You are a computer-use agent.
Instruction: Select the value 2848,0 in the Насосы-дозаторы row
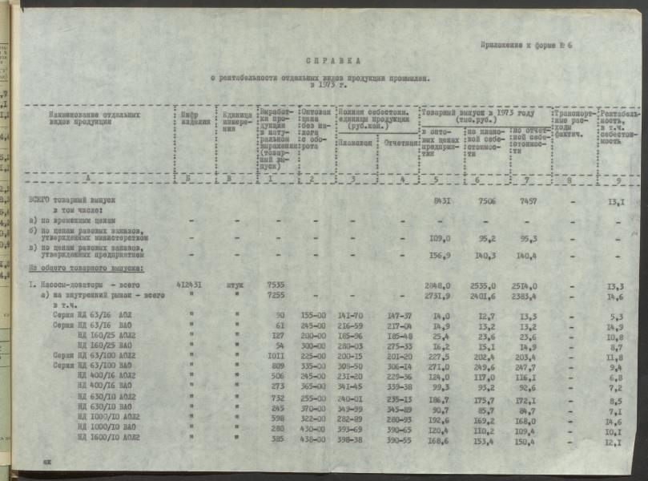click(441, 284)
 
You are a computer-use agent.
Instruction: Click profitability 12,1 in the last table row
click(611, 439)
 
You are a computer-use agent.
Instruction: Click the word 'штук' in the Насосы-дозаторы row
click(235, 284)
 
